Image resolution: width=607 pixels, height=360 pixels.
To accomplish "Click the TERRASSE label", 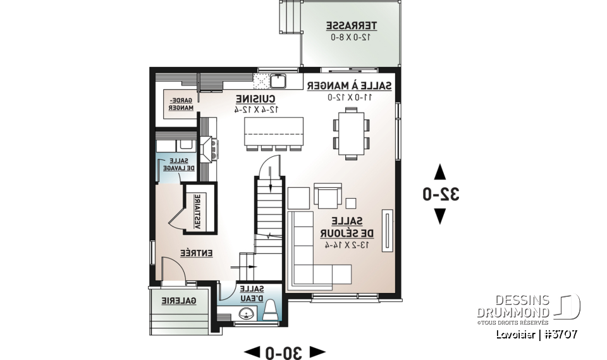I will (x=352, y=26).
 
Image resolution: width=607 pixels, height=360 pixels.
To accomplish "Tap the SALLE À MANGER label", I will (x=349, y=86).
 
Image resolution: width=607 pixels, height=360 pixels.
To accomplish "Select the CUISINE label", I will (x=255, y=99).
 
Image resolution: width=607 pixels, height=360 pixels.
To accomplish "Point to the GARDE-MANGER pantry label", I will (x=181, y=104).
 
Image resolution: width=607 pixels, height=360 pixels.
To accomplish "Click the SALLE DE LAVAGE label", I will (x=180, y=164).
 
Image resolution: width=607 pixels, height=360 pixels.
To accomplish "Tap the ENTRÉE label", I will (x=196, y=252).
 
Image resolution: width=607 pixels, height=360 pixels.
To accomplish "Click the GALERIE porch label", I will (x=178, y=302).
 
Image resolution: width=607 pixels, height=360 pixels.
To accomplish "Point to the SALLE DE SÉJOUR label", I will (x=346, y=227).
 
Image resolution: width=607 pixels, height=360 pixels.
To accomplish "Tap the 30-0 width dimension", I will (x=285, y=351).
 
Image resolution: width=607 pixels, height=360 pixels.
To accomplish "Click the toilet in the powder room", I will (x=271, y=311).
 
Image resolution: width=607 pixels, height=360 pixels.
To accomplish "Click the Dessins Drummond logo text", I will (x=513, y=307).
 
